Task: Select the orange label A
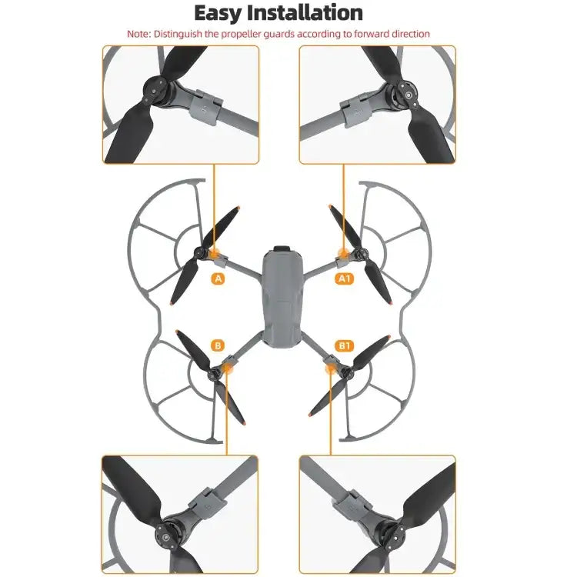coord(218,279)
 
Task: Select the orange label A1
coord(344,279)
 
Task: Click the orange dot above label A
coord(215,253)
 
